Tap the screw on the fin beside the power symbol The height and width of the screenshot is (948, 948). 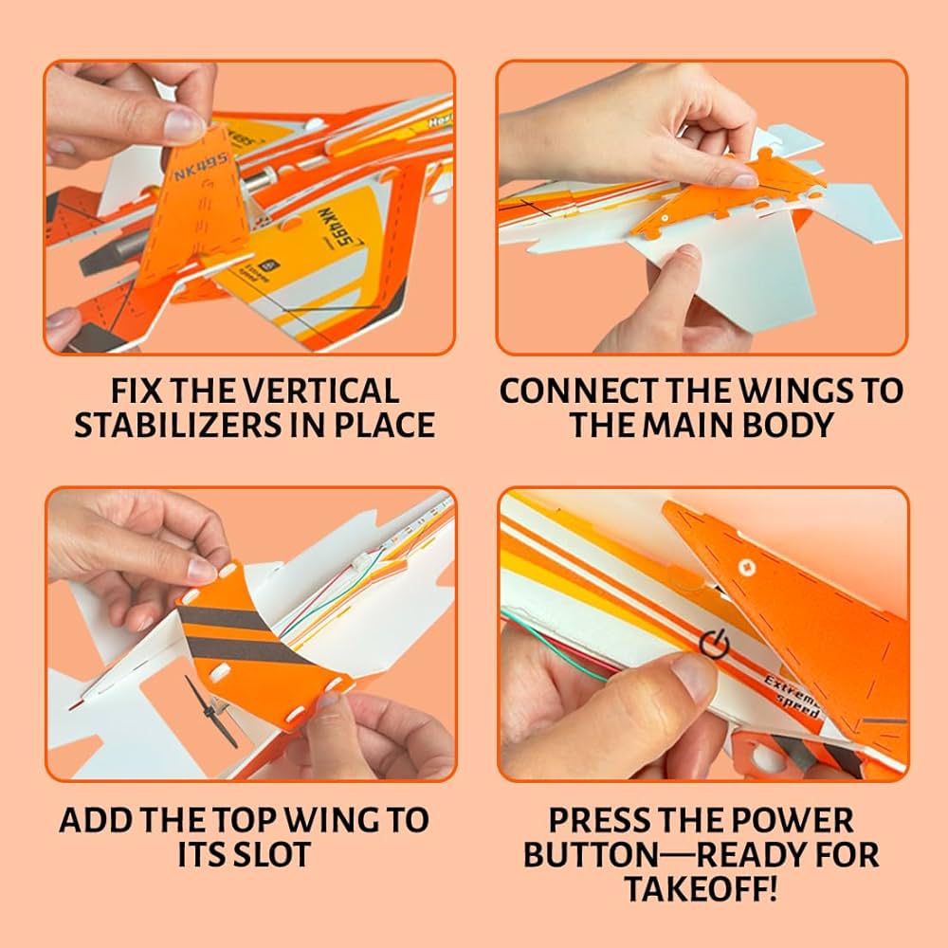click(x=744, y=567)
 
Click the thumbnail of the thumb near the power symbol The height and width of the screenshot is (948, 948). click(x=695, y=679)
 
